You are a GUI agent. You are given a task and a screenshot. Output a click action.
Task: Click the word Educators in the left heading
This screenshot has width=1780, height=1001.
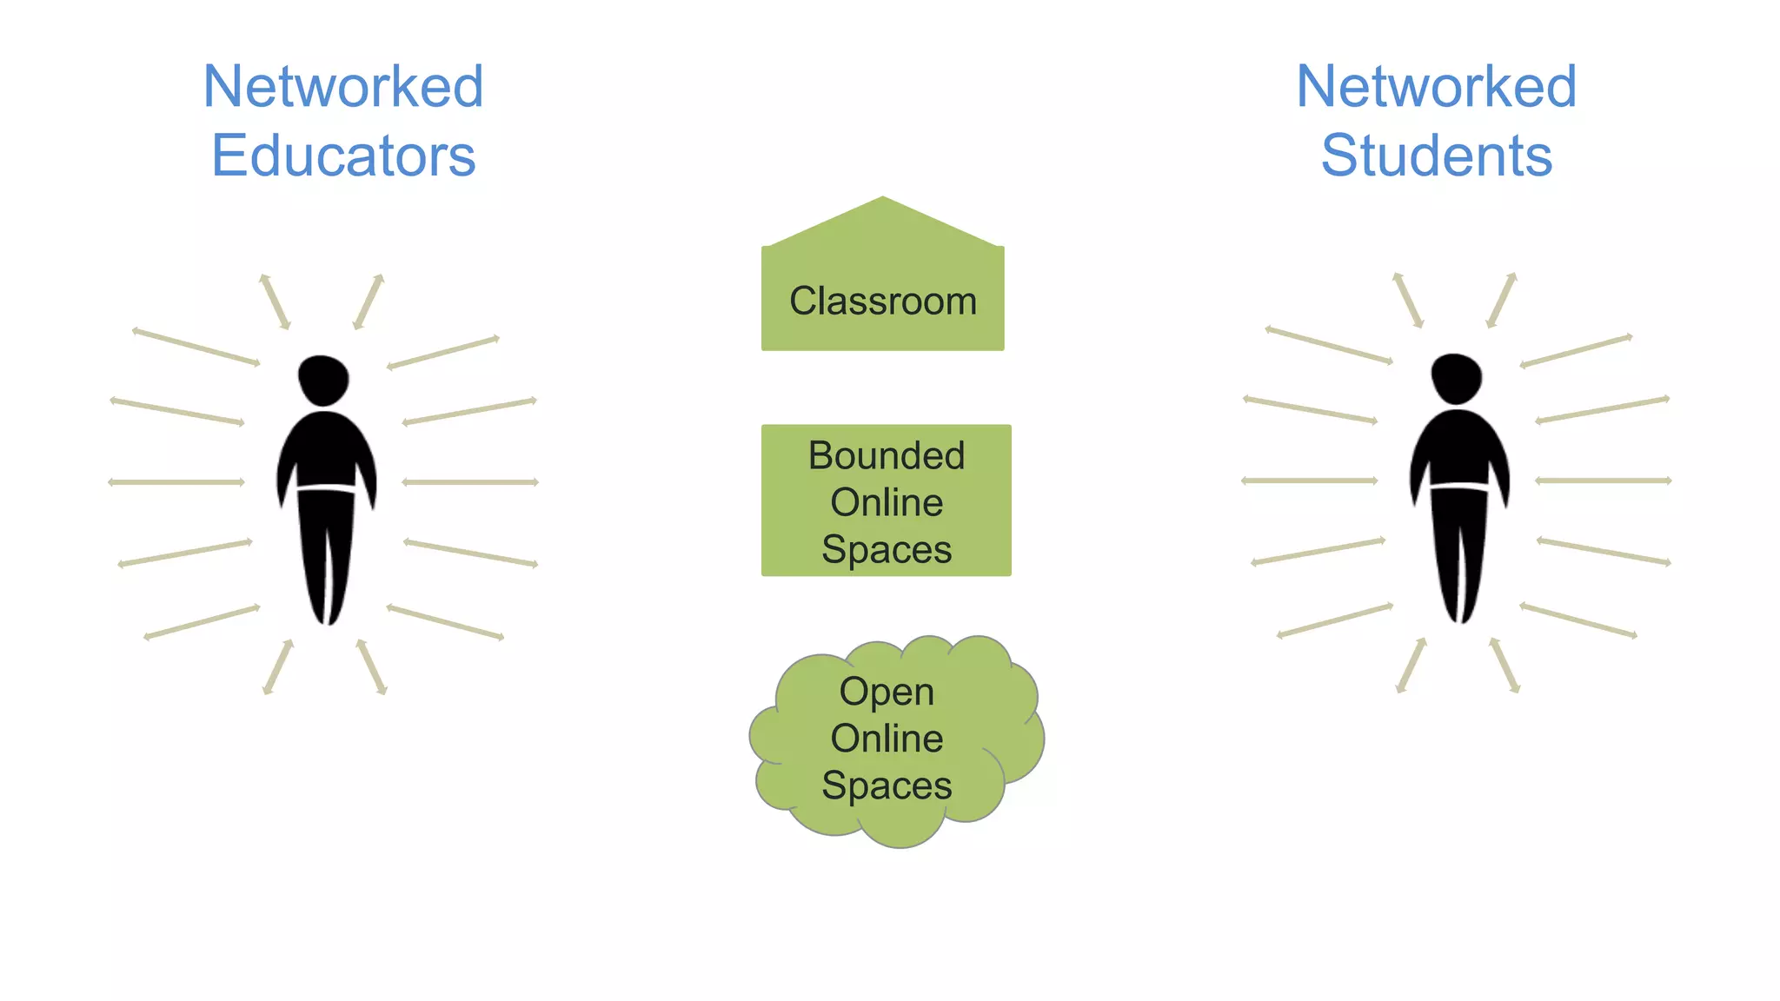343,156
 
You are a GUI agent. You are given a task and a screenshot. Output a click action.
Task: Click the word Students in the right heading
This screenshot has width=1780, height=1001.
1437,156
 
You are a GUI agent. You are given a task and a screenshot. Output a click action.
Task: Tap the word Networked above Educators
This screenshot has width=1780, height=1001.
343,87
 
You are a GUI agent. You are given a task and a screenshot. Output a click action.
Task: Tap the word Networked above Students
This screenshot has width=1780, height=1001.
1437,87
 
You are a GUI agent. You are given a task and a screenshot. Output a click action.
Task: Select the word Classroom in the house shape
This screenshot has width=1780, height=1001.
883,302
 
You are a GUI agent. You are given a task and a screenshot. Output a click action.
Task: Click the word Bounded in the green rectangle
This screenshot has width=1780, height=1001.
887,456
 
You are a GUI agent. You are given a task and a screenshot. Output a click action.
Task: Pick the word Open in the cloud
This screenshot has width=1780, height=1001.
887,693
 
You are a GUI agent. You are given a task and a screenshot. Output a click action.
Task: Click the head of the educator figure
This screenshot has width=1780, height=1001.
323,380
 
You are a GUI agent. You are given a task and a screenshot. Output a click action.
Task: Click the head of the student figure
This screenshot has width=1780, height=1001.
1457,378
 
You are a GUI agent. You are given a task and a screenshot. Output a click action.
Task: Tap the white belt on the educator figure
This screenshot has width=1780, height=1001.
326,488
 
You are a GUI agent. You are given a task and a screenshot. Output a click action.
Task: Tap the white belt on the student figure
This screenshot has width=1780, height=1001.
1459,487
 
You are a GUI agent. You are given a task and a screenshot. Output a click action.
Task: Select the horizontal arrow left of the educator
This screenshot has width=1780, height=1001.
176,482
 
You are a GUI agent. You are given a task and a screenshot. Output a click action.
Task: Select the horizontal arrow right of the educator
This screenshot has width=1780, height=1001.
470,482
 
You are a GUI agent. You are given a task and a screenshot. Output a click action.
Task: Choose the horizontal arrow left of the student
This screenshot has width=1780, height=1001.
1310,481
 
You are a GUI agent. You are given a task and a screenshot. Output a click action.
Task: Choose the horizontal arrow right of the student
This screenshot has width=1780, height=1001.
1604,481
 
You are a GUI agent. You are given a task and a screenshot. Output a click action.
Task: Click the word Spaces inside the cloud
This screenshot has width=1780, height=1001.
887,786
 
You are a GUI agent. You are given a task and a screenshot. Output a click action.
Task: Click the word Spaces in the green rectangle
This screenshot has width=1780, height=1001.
887,550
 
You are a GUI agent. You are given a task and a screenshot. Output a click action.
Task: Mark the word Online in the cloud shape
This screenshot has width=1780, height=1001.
887,739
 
